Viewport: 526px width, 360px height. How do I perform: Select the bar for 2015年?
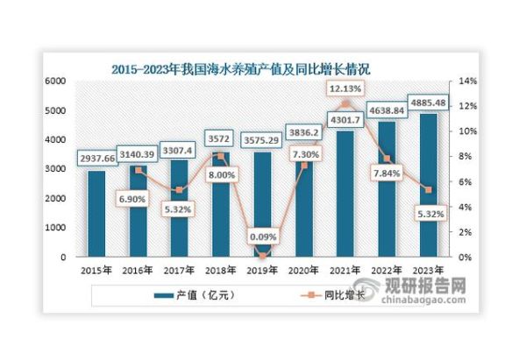tap(97, 215)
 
